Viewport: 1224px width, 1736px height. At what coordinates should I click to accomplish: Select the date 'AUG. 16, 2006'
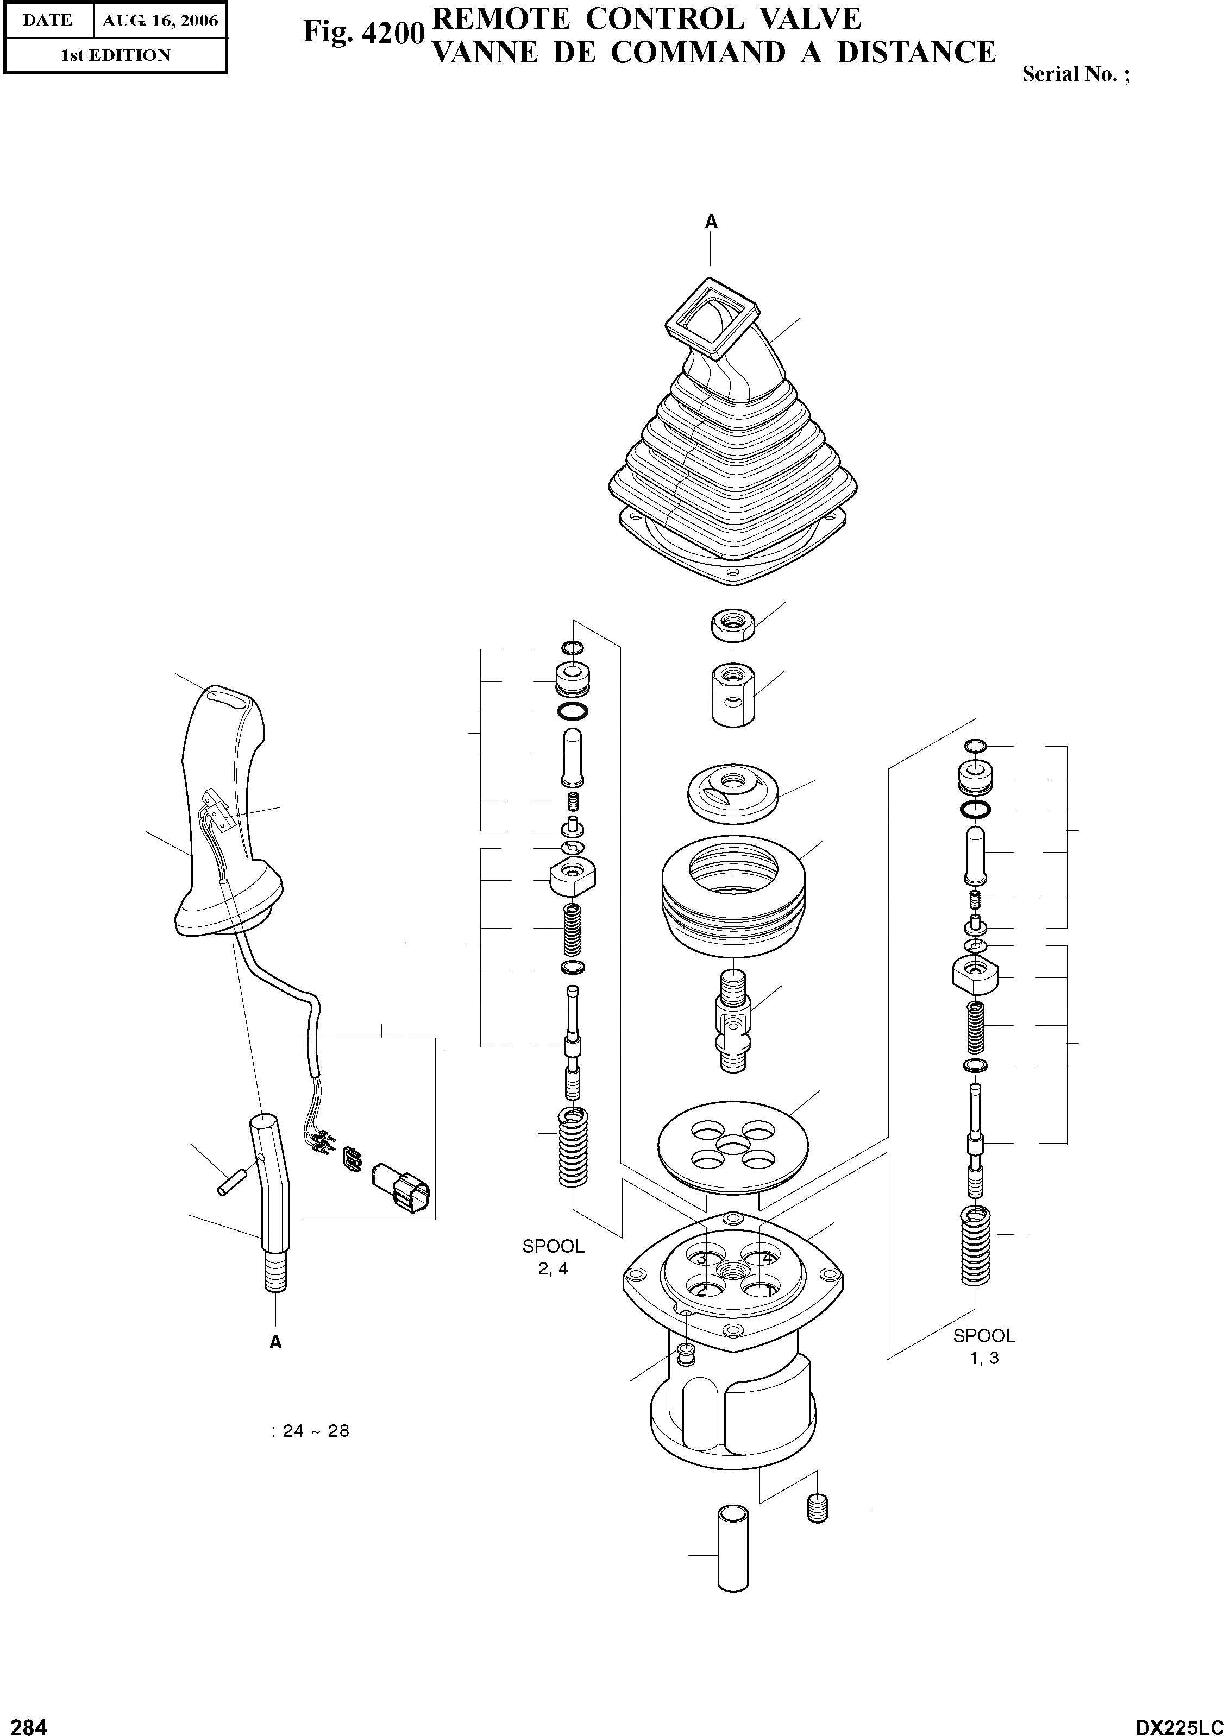click(160, 21)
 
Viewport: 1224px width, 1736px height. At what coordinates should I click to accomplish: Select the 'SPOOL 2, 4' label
click(554, 1257)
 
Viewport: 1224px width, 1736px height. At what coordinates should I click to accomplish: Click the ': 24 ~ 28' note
click(310, 1431)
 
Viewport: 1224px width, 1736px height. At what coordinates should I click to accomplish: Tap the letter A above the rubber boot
click(711, 222)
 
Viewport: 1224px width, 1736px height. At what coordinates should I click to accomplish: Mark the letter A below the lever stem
click(275, 1343)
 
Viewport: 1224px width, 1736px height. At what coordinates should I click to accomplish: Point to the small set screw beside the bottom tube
click(818, 1508)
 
